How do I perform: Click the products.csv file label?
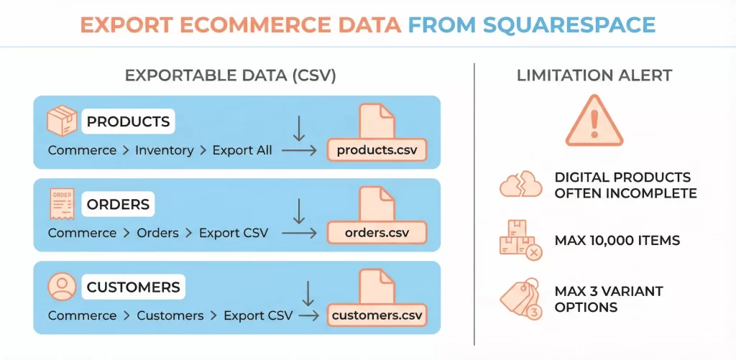point(377,150)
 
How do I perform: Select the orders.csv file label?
point(377,233)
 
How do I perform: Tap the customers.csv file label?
point(377,315)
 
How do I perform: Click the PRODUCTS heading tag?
point(128,121)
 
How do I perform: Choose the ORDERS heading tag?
point(118,205)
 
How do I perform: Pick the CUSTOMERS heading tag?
point(133,287)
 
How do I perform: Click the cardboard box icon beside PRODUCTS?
point(62,121)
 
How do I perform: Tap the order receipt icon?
point(62,204)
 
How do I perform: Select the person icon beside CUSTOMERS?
point(62,287)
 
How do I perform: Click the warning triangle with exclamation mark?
point(593,122)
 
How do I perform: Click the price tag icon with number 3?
point(520,300)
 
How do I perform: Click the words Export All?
point(242,150)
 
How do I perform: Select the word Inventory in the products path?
point(164,150)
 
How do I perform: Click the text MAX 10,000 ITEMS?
point(617,240)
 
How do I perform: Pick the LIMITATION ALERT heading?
point(594,75)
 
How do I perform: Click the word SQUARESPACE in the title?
point(570,24)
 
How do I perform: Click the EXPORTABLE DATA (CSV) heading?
point(231,75)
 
